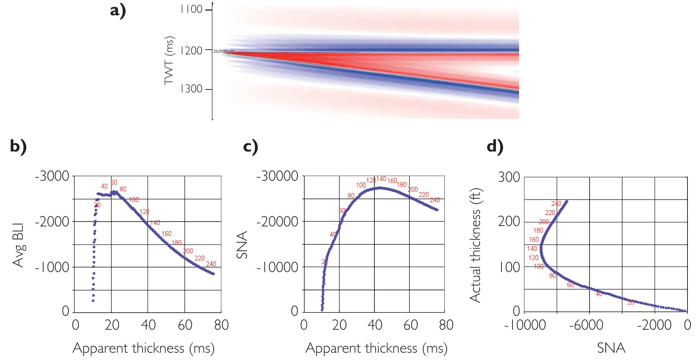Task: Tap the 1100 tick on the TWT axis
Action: [191, 9]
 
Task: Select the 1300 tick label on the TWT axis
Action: [191, 89]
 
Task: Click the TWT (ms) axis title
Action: [169, 61]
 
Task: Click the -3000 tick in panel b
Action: [52, 176]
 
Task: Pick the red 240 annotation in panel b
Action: [211, 264]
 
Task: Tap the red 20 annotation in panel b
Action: [97, 205]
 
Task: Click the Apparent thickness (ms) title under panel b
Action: [143, 348]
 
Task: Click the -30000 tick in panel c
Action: [277, 176]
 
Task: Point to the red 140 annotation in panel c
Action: [381, 179]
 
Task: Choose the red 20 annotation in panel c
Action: [325, 261]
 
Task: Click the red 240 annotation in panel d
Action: [556, 204]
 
